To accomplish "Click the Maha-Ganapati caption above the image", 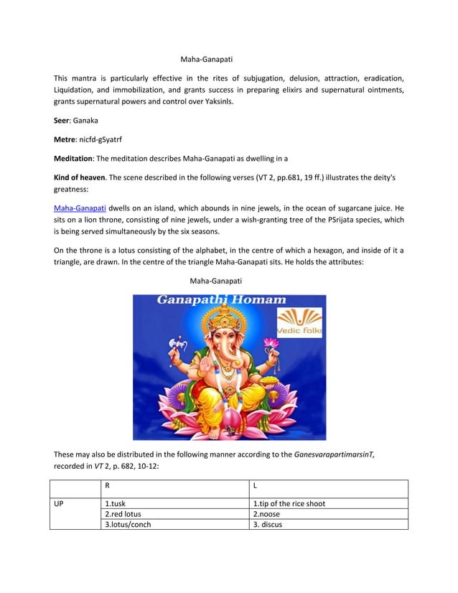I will pos(215,281).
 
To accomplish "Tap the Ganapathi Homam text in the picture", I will pos(222,300).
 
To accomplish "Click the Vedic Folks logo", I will pos(299,321).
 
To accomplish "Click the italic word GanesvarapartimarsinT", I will pos(334,454).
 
